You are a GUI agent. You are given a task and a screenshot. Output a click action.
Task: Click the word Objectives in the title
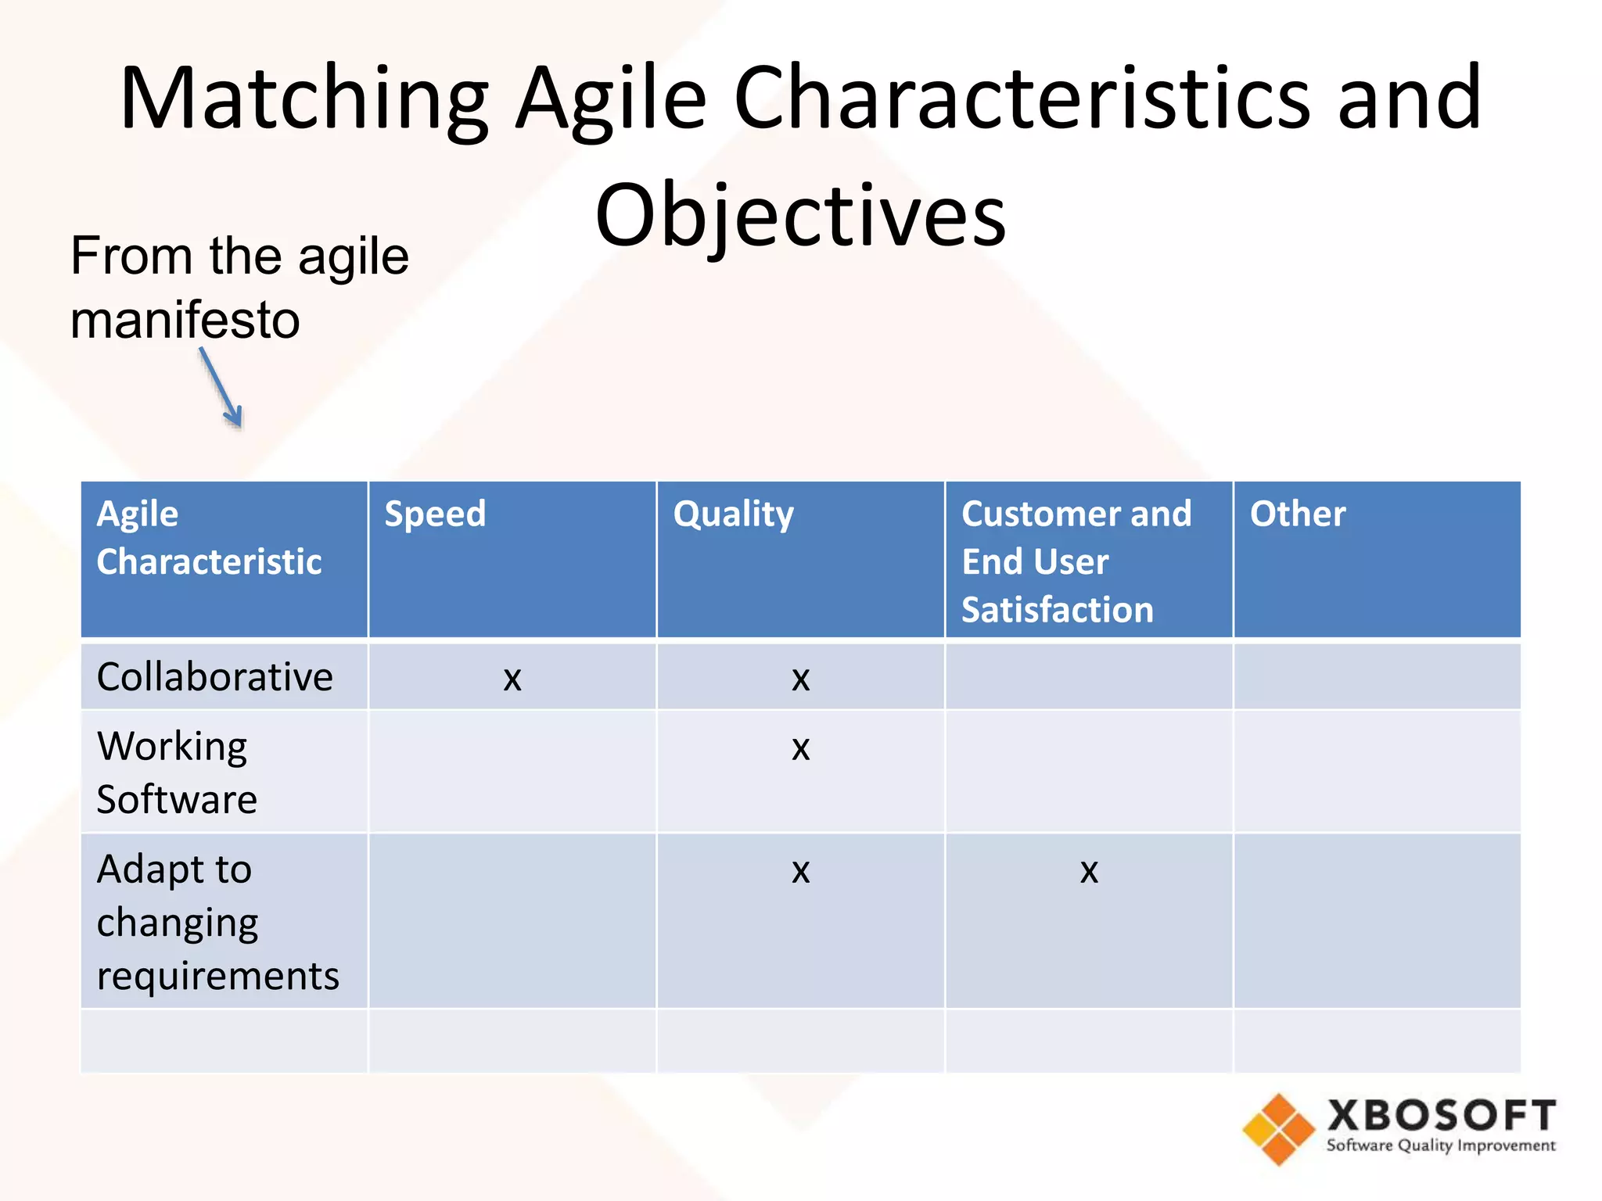(799, 215)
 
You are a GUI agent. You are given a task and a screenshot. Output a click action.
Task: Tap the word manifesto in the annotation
(185, 321)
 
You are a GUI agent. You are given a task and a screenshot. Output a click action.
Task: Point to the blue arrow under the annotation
(221, 389)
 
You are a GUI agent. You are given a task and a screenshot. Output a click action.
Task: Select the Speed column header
(435, 514)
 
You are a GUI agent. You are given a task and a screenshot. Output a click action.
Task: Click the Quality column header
(733, 514)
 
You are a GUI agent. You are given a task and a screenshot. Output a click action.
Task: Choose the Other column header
(1297, 514)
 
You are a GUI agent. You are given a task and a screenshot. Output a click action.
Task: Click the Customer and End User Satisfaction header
(1076, 561)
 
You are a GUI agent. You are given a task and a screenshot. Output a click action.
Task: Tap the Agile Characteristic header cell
(209, 538)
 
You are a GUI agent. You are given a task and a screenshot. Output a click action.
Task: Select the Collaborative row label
(214, 677)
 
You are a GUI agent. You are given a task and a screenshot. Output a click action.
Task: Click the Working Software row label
(176, 773)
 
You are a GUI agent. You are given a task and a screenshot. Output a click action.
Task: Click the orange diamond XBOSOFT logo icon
(1278, 1129)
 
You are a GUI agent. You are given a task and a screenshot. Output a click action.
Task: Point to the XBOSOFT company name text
(1441, 1116)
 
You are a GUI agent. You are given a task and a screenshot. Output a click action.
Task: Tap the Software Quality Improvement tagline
(1441, 1146)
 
